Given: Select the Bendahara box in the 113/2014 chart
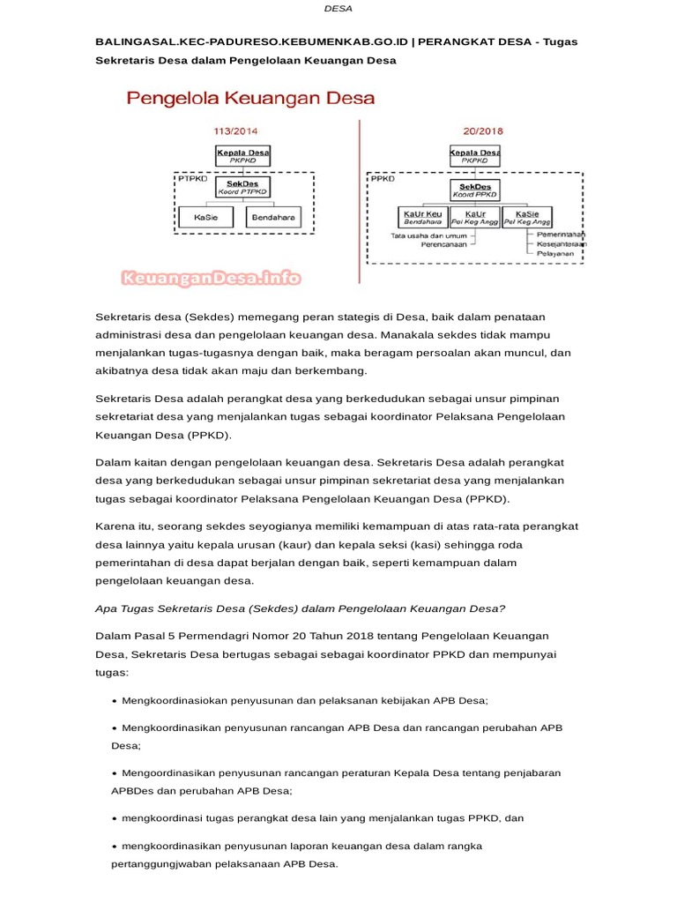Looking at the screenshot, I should [x=272, y=216].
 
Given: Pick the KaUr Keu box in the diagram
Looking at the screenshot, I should [x=421, y=218].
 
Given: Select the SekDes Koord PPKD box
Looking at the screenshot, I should [x=474, y=188].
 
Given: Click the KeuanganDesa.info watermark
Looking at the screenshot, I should [x=211, y=280].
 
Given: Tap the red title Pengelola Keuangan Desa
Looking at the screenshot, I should [x=251, y=97].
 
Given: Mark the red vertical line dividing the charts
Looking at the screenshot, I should [x=360, y=203].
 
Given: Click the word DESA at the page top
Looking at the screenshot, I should [x=338, y=9].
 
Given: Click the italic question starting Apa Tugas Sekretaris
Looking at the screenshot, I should [x=300, y=608].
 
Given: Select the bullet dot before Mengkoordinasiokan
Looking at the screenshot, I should [x=115, y=701].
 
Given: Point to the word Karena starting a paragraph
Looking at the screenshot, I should [x=114, y=526].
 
